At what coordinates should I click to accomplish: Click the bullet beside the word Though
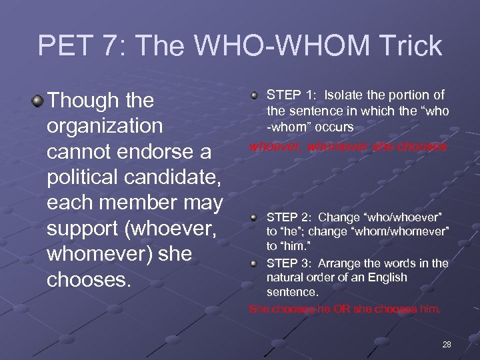tap(39, 101)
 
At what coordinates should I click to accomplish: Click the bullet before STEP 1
tap(257, 95)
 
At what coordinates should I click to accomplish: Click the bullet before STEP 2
tap(257, 217)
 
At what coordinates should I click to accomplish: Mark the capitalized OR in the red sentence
tap(347, 309)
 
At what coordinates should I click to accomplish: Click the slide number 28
tap(446, 344)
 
